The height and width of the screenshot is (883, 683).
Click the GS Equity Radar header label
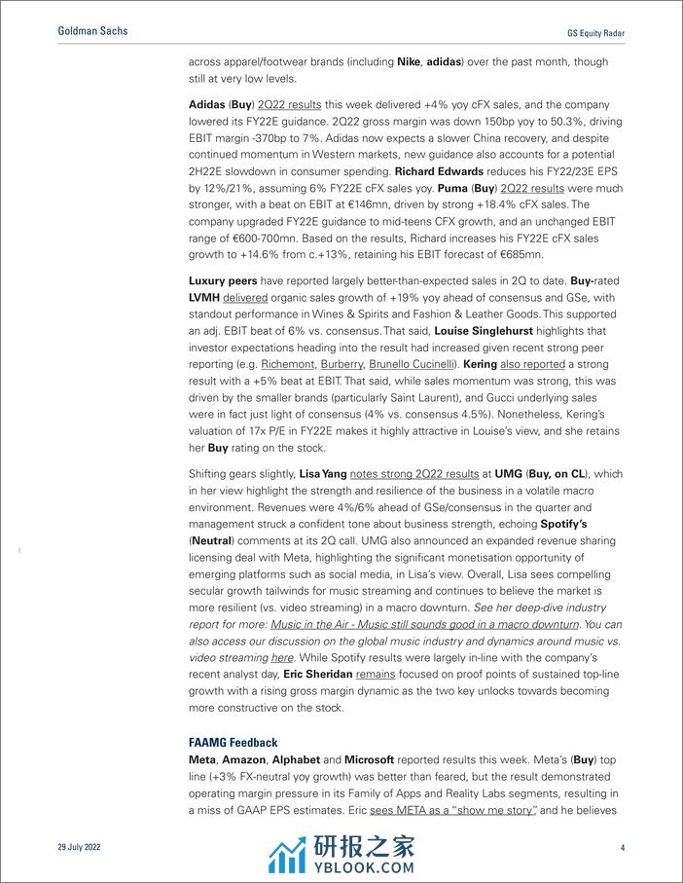pos(594,32)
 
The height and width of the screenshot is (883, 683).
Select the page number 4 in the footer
pos(622,847)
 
